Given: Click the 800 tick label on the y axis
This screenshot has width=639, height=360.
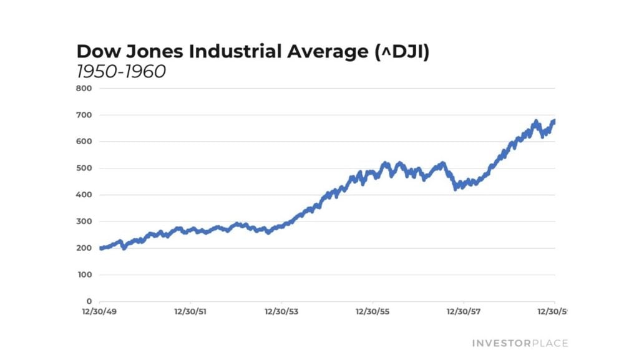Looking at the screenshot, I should [85, 89].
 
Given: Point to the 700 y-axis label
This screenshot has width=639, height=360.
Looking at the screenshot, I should [85, 115].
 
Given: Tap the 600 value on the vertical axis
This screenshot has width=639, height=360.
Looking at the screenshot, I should [85, 142].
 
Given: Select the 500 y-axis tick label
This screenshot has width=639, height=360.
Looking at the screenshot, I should [85, 168].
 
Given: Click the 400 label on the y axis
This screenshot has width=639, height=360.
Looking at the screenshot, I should [85, 195].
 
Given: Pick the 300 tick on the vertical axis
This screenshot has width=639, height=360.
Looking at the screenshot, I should [85, 221].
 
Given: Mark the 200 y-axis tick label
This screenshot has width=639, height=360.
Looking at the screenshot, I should [85, 248].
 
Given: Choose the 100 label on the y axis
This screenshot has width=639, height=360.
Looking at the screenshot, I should [85, 275].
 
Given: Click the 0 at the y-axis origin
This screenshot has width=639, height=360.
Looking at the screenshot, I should [89, 301].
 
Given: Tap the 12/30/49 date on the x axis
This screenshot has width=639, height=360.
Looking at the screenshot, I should [100, 311].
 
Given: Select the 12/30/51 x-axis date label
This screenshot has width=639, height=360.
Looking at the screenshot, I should [190, 311].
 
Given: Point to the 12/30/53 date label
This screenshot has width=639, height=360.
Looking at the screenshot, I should [282, 311].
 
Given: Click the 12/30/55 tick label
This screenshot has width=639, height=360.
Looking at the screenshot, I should [373, 311].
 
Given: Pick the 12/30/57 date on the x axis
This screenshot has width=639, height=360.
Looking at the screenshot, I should [464, 311].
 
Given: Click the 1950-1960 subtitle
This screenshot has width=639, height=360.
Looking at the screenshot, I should [120, 72].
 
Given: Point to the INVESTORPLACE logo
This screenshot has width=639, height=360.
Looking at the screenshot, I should [520, 343].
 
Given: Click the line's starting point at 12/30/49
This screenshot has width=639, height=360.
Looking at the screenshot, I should [100, 248].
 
